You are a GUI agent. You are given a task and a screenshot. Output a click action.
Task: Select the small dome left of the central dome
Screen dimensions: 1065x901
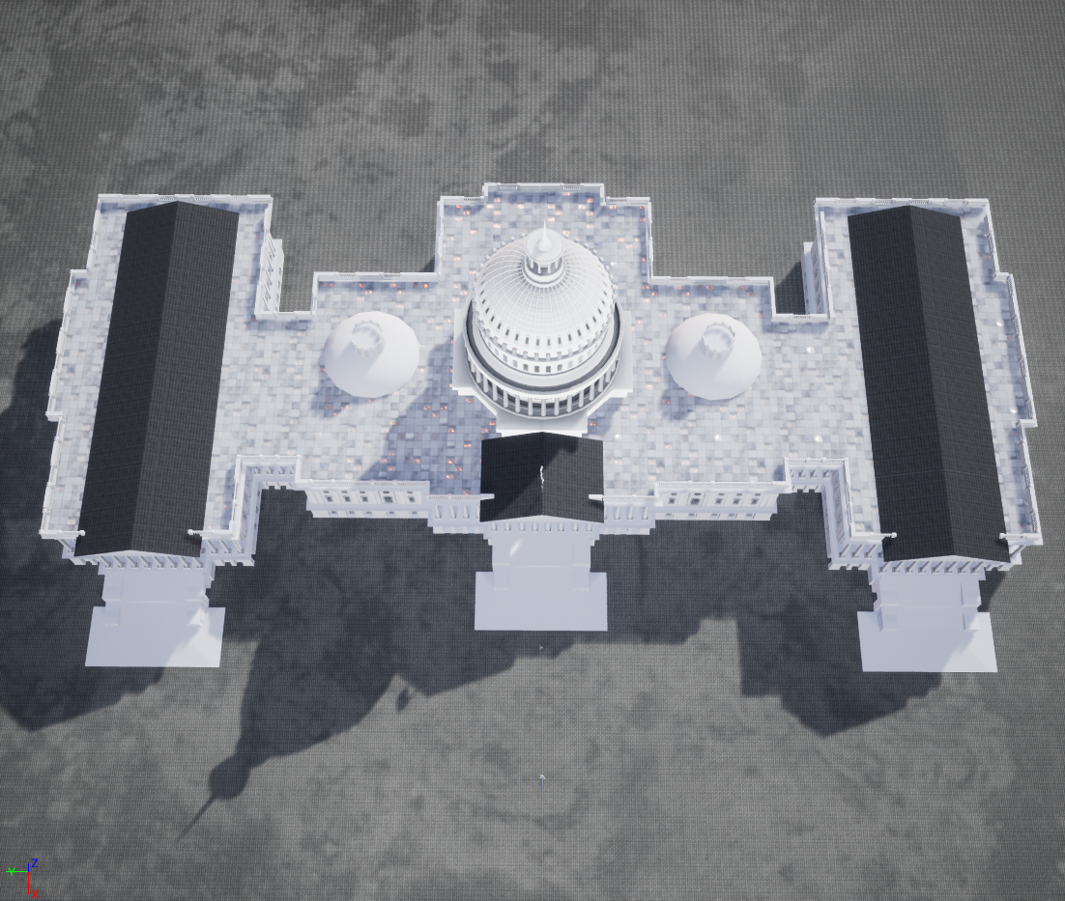point(370,352)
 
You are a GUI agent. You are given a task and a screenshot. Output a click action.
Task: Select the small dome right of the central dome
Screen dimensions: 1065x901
point(713,355)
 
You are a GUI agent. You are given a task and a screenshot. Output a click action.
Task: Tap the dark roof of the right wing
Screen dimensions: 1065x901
point(928,382)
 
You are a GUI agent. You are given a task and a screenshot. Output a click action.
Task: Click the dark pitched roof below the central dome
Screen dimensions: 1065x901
point(542,477)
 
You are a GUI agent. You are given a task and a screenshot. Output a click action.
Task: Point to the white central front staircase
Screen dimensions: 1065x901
point(540,580)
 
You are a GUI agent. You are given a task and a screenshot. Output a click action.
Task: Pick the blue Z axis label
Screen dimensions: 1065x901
point(34,863)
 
